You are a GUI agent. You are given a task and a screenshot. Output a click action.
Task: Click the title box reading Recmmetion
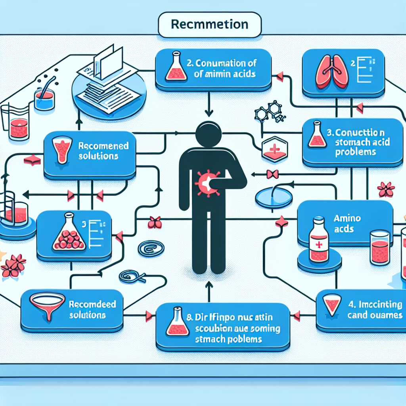209,25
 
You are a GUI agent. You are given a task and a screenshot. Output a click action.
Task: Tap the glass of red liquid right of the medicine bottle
380,247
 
